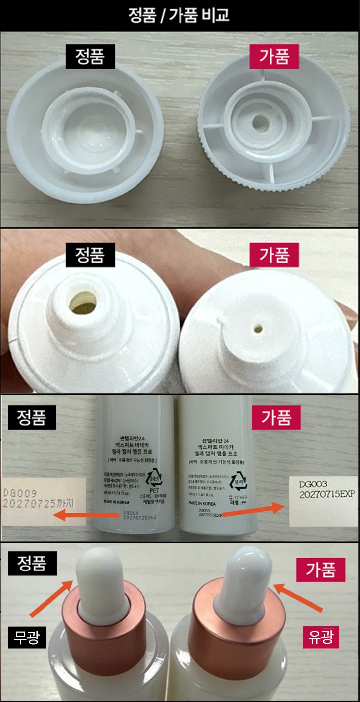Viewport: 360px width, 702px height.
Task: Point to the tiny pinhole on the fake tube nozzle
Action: coord(258,327)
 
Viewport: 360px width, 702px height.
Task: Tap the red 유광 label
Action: coord(320,638)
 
